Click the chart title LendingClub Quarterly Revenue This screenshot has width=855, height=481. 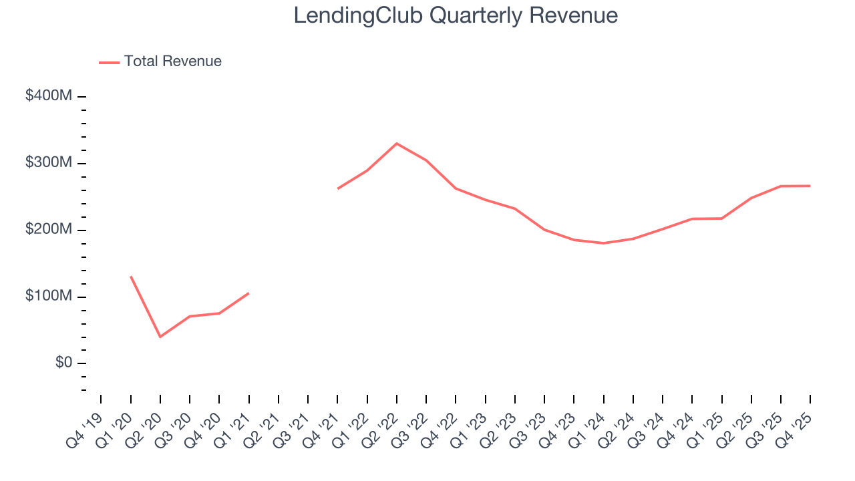pyautogui.click(x=456, y=15)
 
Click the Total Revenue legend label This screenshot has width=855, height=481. pyautogui.click(x=172, y=61)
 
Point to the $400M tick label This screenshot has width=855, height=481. pyautogui.click(x=49, y=96)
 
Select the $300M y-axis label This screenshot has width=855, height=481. pyautogui.click(x=49, y=163)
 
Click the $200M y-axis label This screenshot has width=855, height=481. pyautogui.click(x=49, y=230)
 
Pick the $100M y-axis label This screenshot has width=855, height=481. pyautogui.click(x=49, y=297)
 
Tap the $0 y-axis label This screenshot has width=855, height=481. pyautogui.click(x=63, y=363)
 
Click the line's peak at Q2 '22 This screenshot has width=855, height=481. pyautogui.click(x=397, y=144)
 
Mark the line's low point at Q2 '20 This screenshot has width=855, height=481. pyautogui.click(x=160, y=337)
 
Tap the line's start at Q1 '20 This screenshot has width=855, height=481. pyautogui.click(x=131, y=277)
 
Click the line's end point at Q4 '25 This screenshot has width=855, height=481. pyautogui.click(x=810, y=186)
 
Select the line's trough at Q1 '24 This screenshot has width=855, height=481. pyautogui.click(x=603, y=243)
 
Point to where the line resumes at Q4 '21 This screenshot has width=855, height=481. pyautogui.click(x=338, y=188)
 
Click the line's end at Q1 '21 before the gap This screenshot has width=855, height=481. pyautogui.click(x=248, y=293)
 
